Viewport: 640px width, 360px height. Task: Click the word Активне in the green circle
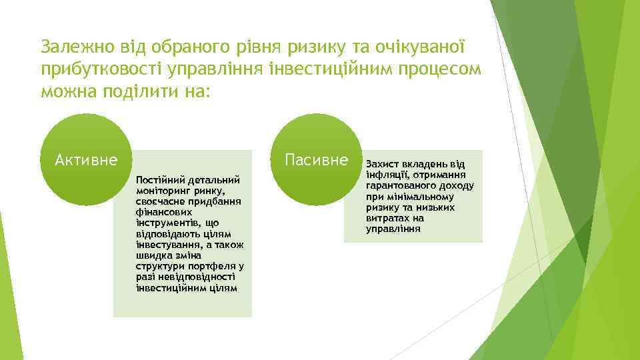tap(87, 161)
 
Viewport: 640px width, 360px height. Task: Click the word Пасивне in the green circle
tap(316, 160)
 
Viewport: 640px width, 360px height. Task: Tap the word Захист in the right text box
tap(383, 165)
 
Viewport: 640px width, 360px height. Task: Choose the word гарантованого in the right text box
tap(403, 186)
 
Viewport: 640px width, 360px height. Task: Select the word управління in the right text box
tap(393, 229)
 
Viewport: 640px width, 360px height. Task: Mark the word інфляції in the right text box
tap(387, 175)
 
